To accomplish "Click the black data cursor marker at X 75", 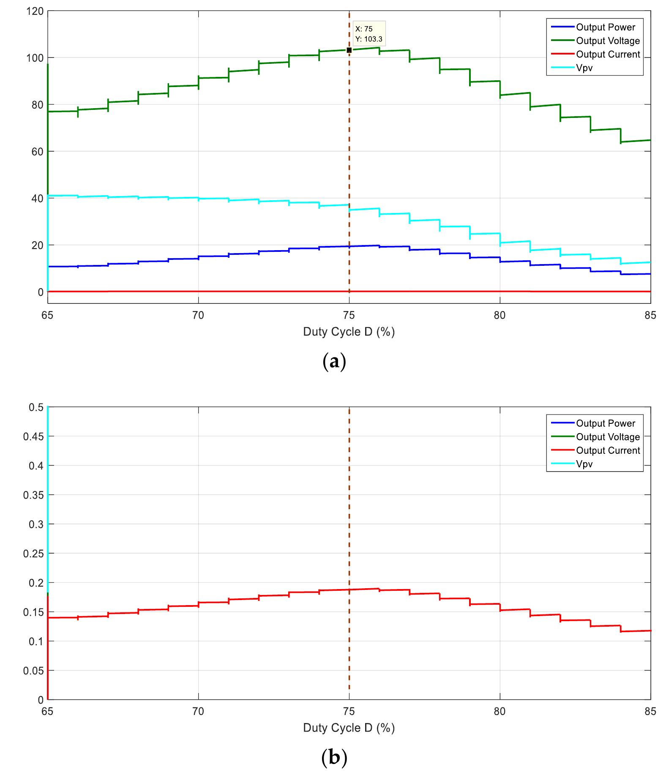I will click(x=349, y=50).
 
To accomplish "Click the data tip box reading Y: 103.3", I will click(x=368, y=34).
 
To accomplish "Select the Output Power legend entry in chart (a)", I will click(x=605, y=27).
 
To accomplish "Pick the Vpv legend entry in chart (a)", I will click(x=584, y=68).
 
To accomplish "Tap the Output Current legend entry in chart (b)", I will click(x=608, y=450).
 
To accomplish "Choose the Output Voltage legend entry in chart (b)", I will click(x=608, y=437).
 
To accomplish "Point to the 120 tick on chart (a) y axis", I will click(x=35, y=11).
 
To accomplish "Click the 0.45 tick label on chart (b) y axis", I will click(x=33, y=437).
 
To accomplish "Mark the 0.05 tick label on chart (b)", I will click(x=33, y=671).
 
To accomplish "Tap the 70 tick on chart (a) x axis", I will click(x=198, y=315).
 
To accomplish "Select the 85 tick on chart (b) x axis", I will click(x=650, y=712).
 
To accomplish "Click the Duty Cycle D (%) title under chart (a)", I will click(x=349, y=332).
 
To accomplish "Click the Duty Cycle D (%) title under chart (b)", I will click(x=349, y=728).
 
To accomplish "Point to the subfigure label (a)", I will click(x=334, y=362).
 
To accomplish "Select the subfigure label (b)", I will click(x=334, y=757).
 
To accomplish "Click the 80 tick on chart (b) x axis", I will click(x=499, y=712).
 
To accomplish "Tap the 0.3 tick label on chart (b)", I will click(x=36, y=524).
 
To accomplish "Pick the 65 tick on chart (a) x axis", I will click(x=47, y=315).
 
